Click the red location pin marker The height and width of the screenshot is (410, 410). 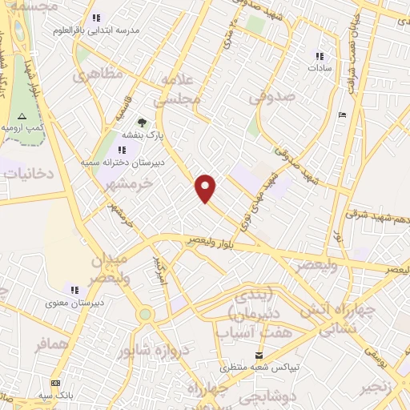point(207,187)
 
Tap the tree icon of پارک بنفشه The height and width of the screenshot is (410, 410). point(142,123)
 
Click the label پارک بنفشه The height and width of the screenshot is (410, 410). point(142,136)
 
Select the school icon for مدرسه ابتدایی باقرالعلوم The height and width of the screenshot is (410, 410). point(96,18)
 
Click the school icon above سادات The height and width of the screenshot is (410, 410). point(320,56)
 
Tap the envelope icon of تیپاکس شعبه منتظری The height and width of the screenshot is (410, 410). point(259,355)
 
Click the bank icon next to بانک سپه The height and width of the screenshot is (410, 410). point(55,384)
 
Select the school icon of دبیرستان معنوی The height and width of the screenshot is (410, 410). point(74,290)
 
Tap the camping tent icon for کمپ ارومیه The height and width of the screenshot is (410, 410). point(22,116)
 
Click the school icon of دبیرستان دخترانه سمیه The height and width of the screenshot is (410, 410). point(121,150)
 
